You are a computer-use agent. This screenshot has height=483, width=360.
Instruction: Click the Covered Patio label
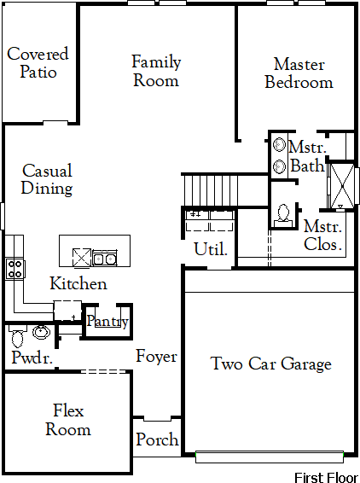click(38, 62)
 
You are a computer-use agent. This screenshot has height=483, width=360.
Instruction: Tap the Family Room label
click(156, 71)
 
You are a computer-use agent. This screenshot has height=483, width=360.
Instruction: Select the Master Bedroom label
click(299, 73)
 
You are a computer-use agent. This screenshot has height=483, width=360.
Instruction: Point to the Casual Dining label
click(47, 179)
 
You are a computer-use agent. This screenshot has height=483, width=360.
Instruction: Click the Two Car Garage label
click(271, 364)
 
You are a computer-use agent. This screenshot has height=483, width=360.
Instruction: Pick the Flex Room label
click(68, 420)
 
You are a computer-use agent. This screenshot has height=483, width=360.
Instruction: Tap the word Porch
click(157, 439)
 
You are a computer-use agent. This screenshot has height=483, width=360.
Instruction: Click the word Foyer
click(156, 357)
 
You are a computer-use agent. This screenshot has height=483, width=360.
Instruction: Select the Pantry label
click(107, 321)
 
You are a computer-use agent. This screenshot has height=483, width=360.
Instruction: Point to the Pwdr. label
click(32, 358)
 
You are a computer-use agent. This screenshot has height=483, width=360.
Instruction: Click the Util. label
click(211, 249)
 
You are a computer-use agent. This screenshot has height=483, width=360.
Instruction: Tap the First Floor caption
click(327, 478)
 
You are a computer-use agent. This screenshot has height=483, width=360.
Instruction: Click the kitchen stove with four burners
click(15, 269)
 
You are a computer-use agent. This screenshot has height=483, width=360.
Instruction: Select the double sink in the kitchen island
click(105, 258)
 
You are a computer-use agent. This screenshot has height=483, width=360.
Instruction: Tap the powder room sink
click(41, 332)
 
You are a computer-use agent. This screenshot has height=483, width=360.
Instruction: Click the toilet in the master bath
click(283, 216)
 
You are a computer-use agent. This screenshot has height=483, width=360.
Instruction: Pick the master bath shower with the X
click(341, 186)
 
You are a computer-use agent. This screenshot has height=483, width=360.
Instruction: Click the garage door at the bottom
click(270, 457)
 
